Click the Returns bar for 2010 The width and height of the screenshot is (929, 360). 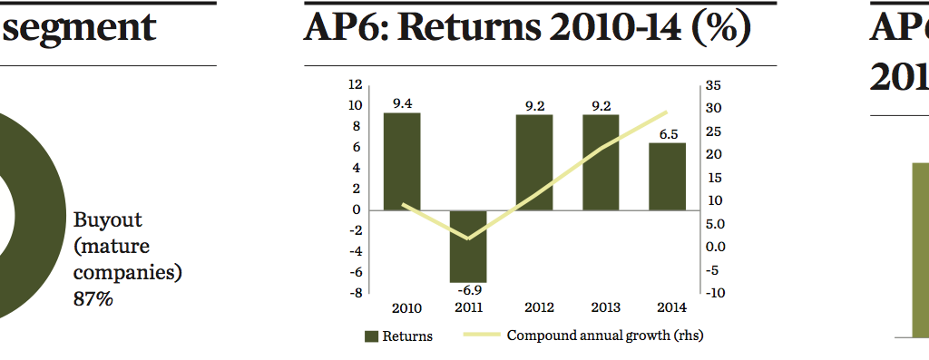point(401,161)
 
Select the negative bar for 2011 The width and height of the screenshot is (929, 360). point(468,246)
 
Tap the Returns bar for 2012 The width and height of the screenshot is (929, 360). point(534,161)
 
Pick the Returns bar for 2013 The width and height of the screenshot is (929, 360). point(601,161)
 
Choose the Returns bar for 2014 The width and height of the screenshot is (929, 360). point(667,176)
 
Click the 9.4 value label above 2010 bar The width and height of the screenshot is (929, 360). point(401,103)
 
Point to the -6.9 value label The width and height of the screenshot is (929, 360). point(468,289)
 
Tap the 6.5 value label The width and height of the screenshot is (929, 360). point(668,134)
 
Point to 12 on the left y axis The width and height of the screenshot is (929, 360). point(355,84)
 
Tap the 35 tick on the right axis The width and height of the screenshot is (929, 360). point(712,85)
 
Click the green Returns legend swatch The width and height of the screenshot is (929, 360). point(370,336)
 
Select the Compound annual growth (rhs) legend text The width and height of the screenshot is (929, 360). point(604,336)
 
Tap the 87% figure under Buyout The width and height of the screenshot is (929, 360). point(93,298)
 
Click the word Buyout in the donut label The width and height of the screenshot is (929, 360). point(107,219)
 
